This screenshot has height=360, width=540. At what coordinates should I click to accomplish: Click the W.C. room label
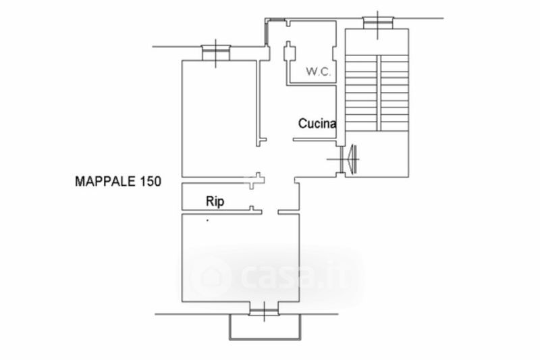[319, 72]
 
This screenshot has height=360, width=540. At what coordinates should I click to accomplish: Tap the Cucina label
[317, 124]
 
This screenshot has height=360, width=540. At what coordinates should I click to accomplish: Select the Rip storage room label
[215, 201]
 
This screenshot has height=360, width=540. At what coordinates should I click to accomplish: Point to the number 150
[150, 181]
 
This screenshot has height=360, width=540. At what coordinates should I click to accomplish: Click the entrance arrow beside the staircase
[352, 159]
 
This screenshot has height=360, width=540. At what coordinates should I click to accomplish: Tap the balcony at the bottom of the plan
[265, 327]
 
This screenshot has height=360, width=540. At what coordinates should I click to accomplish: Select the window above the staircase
[378, 23]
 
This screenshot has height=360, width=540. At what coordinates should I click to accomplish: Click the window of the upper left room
[215, 53]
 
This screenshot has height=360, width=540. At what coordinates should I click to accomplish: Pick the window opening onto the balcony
[264, 311]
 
